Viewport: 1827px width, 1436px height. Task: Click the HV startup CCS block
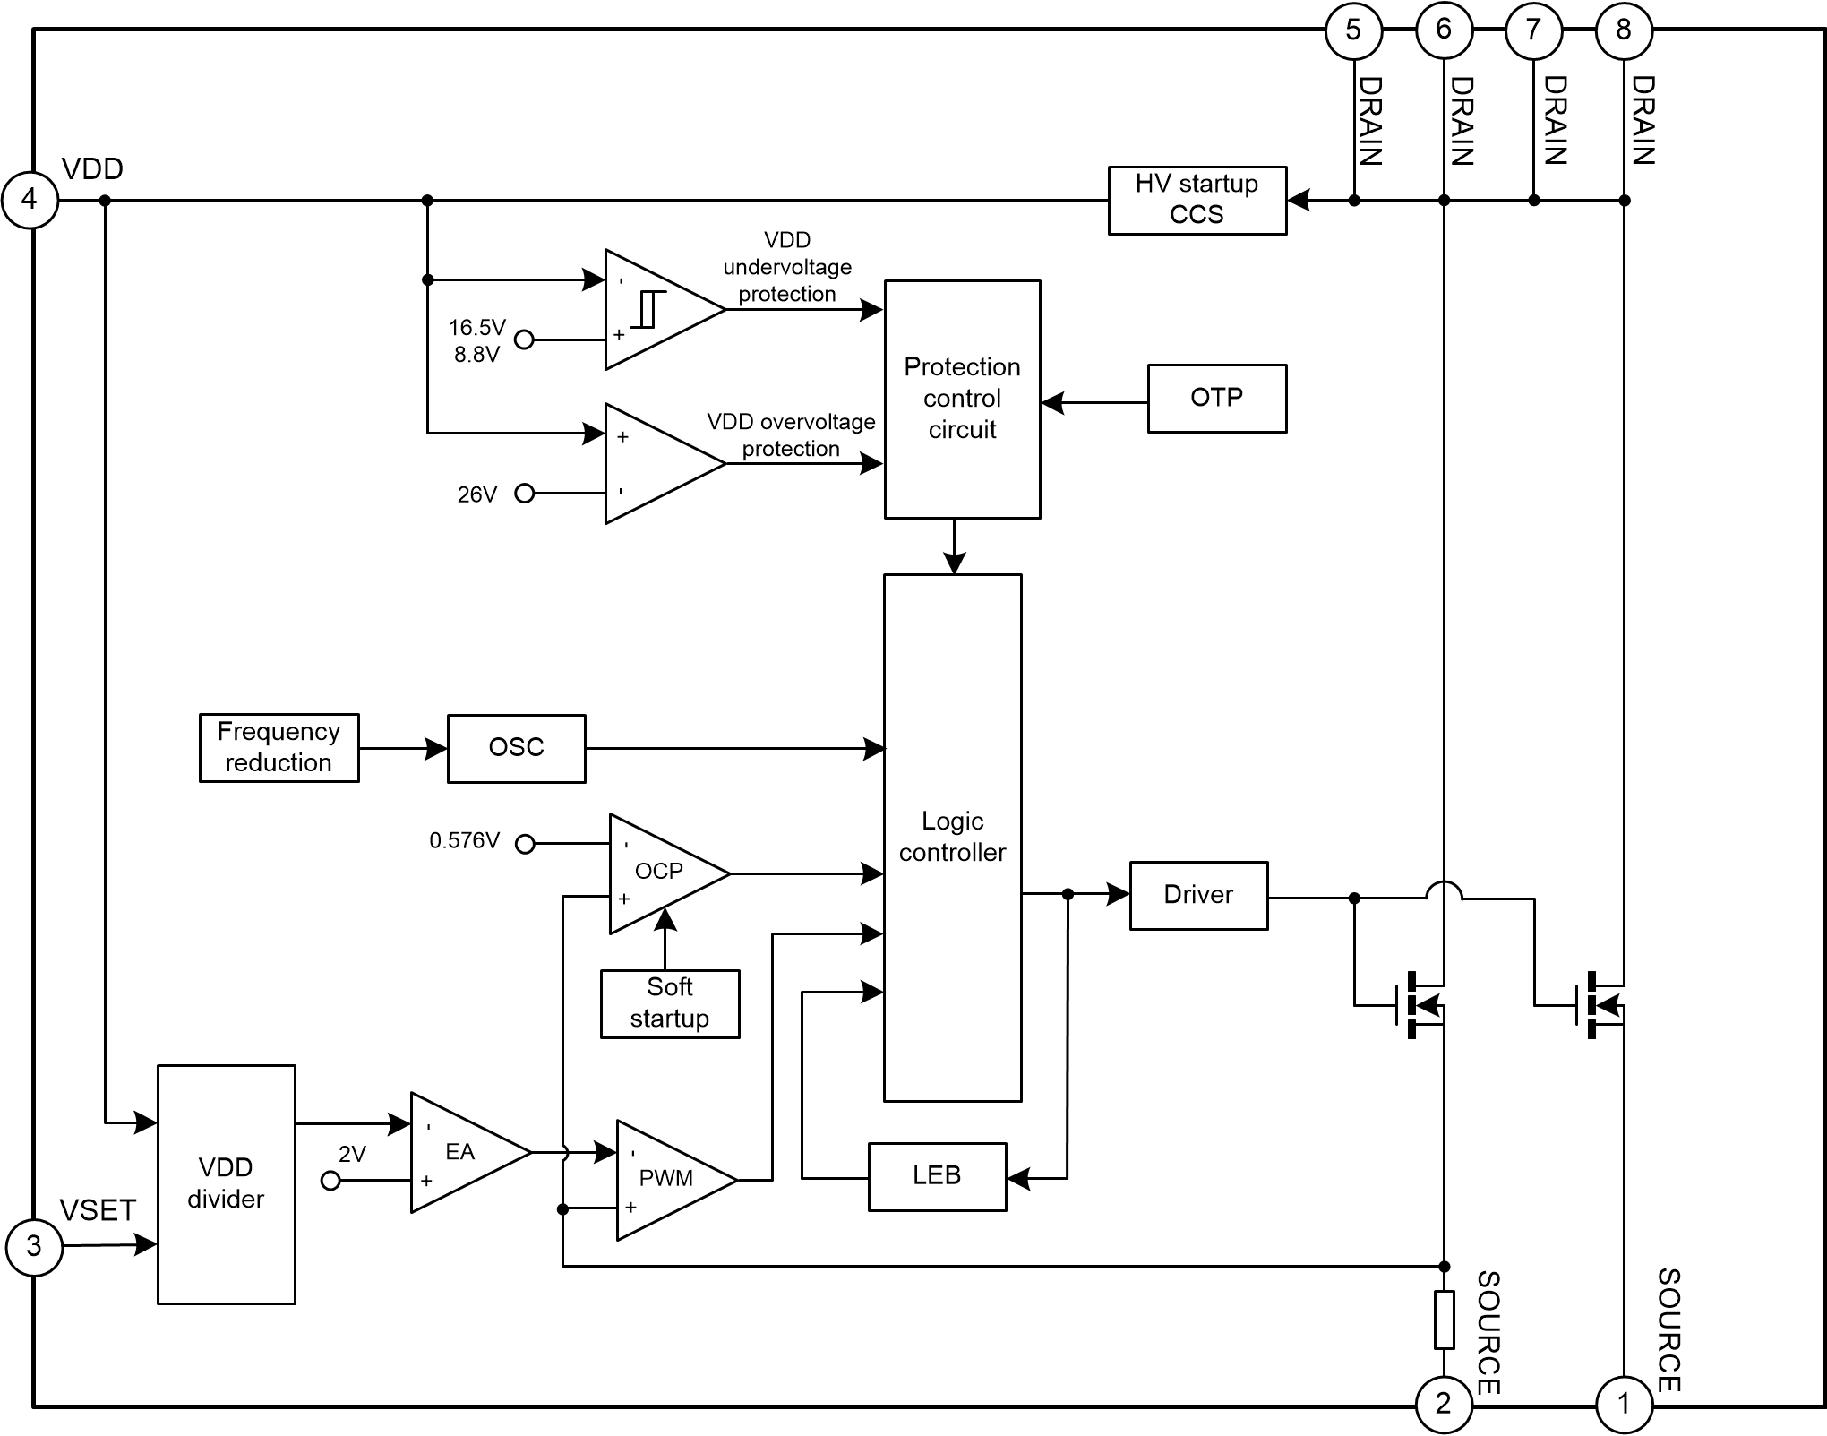click(x=1197, y=201)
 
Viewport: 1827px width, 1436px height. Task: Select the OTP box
click(x=1217, y=399)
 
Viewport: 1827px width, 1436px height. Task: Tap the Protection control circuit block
click(x=962, y=399)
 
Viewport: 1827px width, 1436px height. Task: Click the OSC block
click(x=517, y=748)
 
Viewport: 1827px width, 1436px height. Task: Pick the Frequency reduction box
click(x=279, y=748)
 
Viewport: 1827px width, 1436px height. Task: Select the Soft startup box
click(x=670, y=1003)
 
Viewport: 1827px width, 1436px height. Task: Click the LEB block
click(x=937, y=1176)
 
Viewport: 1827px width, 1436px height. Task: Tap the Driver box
click(x=1198, y=895)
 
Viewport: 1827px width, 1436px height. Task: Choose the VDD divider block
click(x=226, y=1183)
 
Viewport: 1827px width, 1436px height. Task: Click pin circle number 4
click(x=30, y=199)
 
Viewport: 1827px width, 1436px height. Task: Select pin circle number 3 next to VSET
click(x=34, y=1245)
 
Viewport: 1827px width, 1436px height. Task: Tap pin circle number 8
click(x=1624, y=30)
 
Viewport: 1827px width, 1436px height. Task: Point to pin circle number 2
click(x=1443, y=1404)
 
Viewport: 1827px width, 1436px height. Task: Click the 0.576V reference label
click(x=464, y=841)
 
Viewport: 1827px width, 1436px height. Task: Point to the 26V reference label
click(x=476, y=494)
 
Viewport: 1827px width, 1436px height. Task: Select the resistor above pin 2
click(x=1444, y=1320)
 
